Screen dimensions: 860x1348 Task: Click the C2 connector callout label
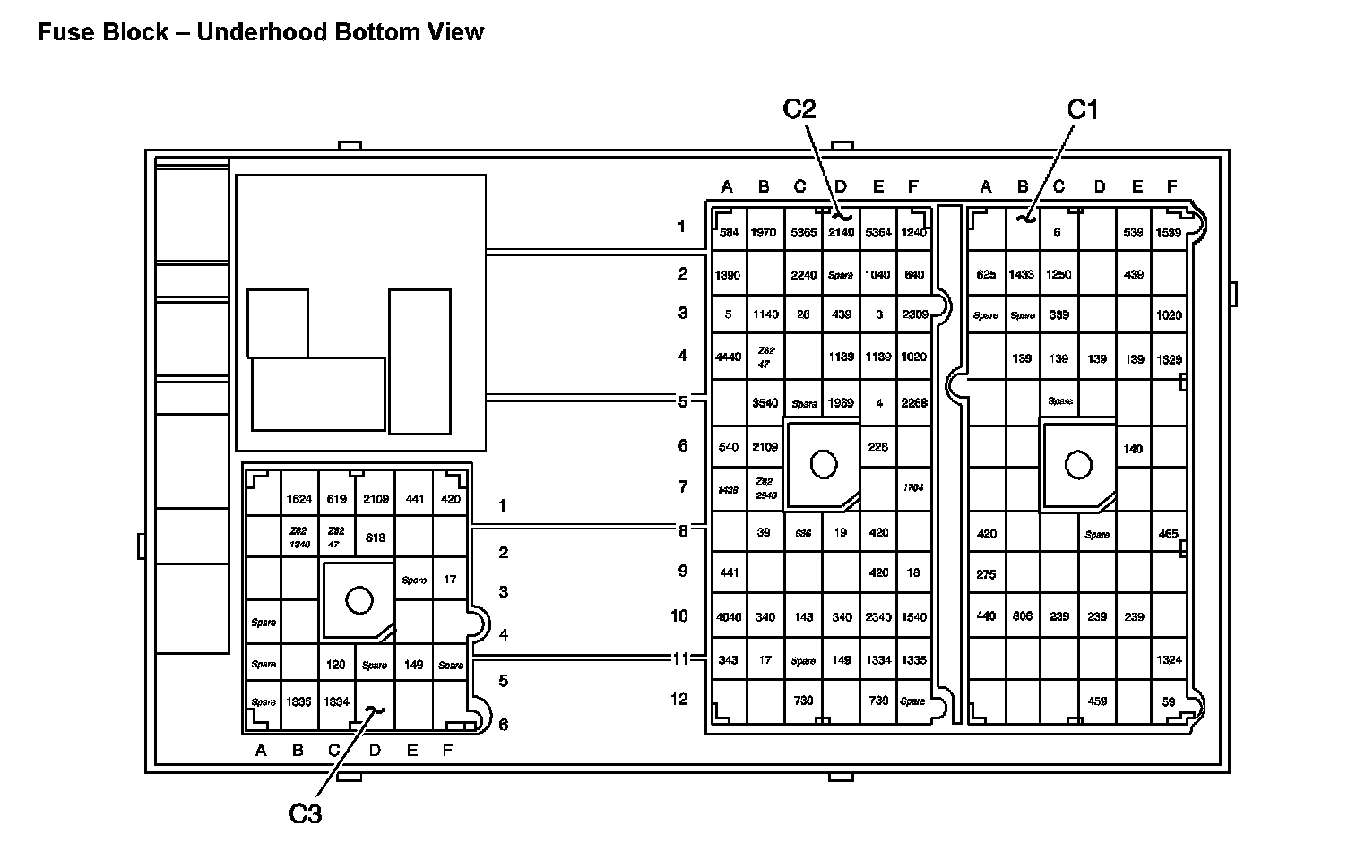coord(799,109)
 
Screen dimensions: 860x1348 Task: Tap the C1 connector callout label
coord(1082,109)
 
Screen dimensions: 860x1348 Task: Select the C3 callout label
coord(305,813)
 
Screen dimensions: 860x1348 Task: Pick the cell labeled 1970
coord(764,233)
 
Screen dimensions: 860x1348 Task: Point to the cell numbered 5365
coord(803,233)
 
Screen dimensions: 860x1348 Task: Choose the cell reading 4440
coord(728,357)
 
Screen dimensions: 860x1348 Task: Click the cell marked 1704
coord(913,488)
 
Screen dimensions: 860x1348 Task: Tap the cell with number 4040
coord(728,617)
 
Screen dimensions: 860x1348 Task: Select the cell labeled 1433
coord(1022,275)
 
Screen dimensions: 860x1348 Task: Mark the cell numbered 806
coord(1022,616)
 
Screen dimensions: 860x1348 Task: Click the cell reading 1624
coord(298,499)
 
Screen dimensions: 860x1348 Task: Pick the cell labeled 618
coord(375,538)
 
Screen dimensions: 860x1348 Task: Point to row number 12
coord(679,699)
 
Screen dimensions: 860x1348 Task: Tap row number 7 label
coord(683,486)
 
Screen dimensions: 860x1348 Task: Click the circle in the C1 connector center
coord(1078,464)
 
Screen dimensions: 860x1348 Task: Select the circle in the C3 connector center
coord(359,600)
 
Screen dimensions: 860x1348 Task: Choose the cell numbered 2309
coord(915,314)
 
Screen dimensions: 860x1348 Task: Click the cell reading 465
coord(1168,534)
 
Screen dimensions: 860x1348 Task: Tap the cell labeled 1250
coord(1059,275)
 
